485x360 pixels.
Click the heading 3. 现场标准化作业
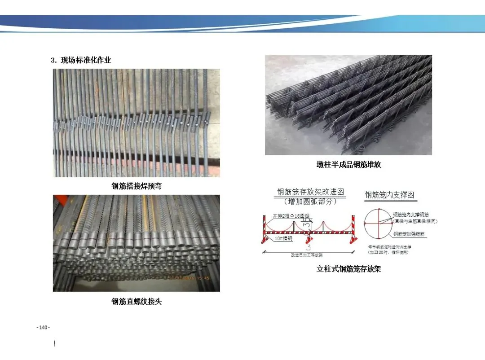point(80,60)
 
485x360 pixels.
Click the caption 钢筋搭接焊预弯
point(136,186)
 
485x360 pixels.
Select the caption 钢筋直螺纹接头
point(136,302)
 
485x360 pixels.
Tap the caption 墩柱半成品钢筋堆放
point(348,165)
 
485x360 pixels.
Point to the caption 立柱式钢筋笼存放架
point(348,269)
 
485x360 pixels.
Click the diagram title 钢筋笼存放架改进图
point(311,192)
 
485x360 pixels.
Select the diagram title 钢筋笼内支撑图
point(389,195)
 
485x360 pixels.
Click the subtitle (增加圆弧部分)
point(310,202)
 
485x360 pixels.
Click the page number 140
point(43,328)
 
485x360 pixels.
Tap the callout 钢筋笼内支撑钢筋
point(410,215)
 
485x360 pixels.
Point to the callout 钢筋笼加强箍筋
point(409,234)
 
